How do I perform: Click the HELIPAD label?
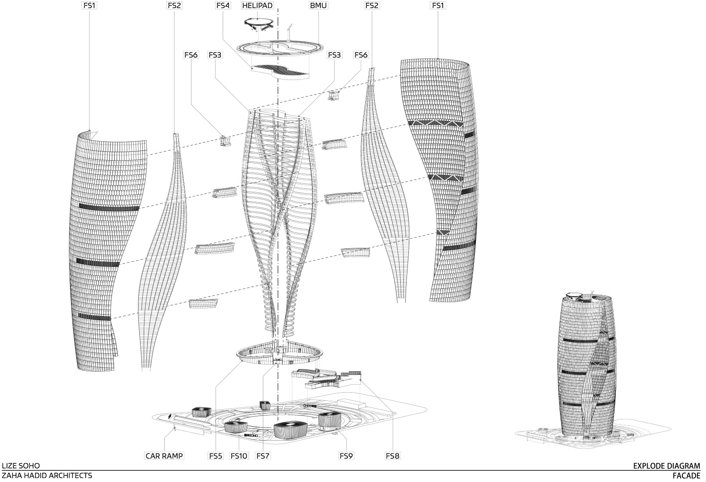pos(257,5)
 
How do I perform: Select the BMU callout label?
pos(318,5)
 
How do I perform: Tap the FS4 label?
pos(223,5)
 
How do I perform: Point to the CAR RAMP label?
pos(164,456)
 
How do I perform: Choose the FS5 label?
pos(216,456)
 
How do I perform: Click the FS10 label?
pos(239,456)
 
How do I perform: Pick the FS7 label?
pos(263,456)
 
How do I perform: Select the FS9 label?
pos(346,456)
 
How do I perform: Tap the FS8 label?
pos(392,456)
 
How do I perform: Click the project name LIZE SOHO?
pos(21,466)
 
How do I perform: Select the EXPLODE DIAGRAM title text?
pos(666,466)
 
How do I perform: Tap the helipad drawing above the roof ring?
pos(258,24)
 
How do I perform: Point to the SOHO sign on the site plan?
pos(251,435)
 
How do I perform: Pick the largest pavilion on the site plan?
pos(291,429)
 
